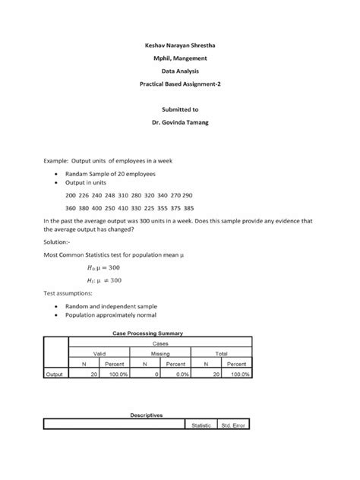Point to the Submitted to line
180,109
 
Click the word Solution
61,242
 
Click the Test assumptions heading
69,292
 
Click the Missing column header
159,354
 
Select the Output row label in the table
54,374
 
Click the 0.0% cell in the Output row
177,374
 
